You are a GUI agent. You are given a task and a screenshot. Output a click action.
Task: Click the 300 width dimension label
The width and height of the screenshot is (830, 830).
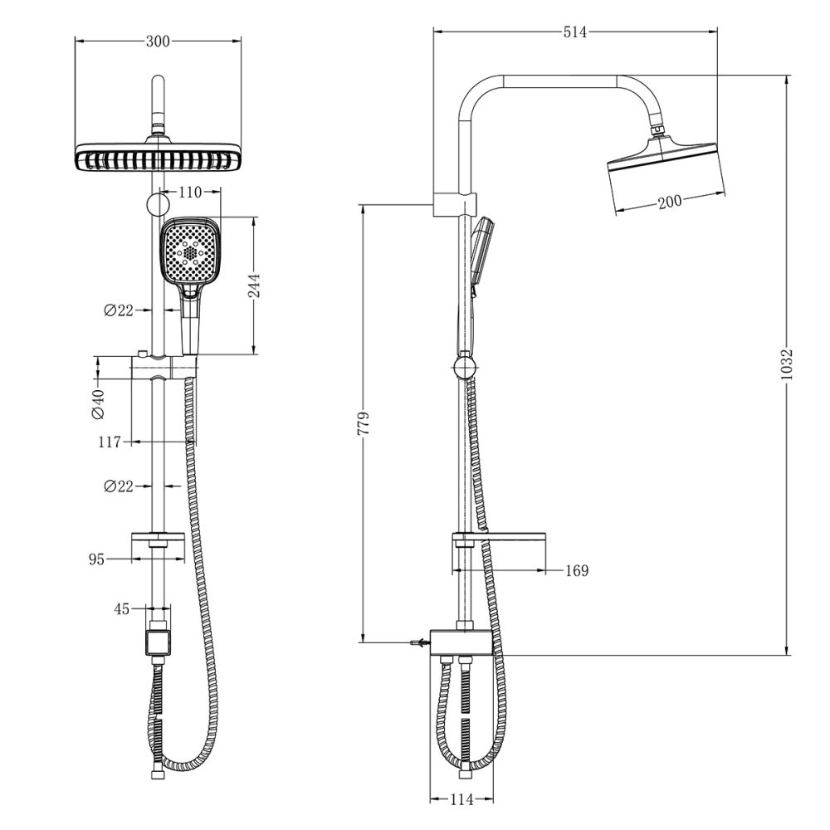(x=158, y=41)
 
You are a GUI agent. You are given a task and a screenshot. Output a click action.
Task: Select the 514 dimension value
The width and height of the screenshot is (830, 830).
(x=574, y=32)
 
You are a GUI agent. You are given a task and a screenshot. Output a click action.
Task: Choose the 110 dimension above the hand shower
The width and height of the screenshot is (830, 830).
(x=190, y=192)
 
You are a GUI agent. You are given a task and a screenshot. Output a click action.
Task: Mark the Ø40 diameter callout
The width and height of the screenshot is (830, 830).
(x=98, y=403)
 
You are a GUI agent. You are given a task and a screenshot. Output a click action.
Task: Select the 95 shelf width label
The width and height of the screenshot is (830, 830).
(x=96, y=559)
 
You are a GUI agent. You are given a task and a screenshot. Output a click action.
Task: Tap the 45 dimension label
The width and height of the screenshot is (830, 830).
(x=121, y=609)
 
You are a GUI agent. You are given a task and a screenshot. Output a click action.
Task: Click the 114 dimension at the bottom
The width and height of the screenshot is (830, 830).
(x=461, y=800)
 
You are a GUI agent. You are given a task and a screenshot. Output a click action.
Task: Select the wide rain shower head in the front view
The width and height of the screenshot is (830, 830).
(x=158, y=158)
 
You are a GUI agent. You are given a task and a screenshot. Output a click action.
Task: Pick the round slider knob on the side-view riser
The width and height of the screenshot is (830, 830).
(x=465, y=365)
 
